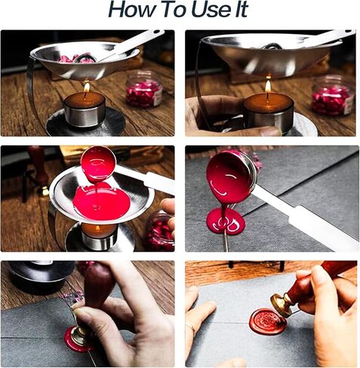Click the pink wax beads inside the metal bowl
75,58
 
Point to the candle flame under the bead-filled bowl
87,87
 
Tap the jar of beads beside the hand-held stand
332,95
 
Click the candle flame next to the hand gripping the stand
268,86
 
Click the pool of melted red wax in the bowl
101,201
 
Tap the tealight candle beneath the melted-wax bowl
99,236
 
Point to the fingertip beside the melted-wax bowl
168,206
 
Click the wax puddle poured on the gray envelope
226,221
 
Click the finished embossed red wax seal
268,322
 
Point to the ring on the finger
190,327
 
